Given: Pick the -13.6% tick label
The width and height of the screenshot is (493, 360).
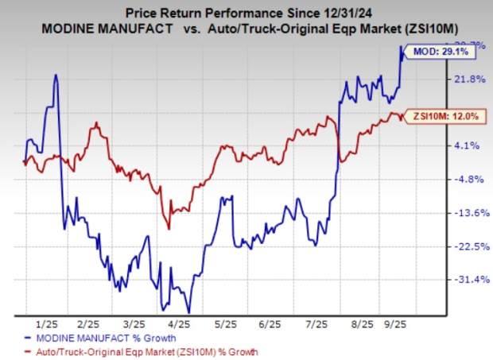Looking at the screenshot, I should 466,213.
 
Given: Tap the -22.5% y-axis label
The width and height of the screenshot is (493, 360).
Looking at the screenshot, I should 466,246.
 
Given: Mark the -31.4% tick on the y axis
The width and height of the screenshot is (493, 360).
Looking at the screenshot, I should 466,280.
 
